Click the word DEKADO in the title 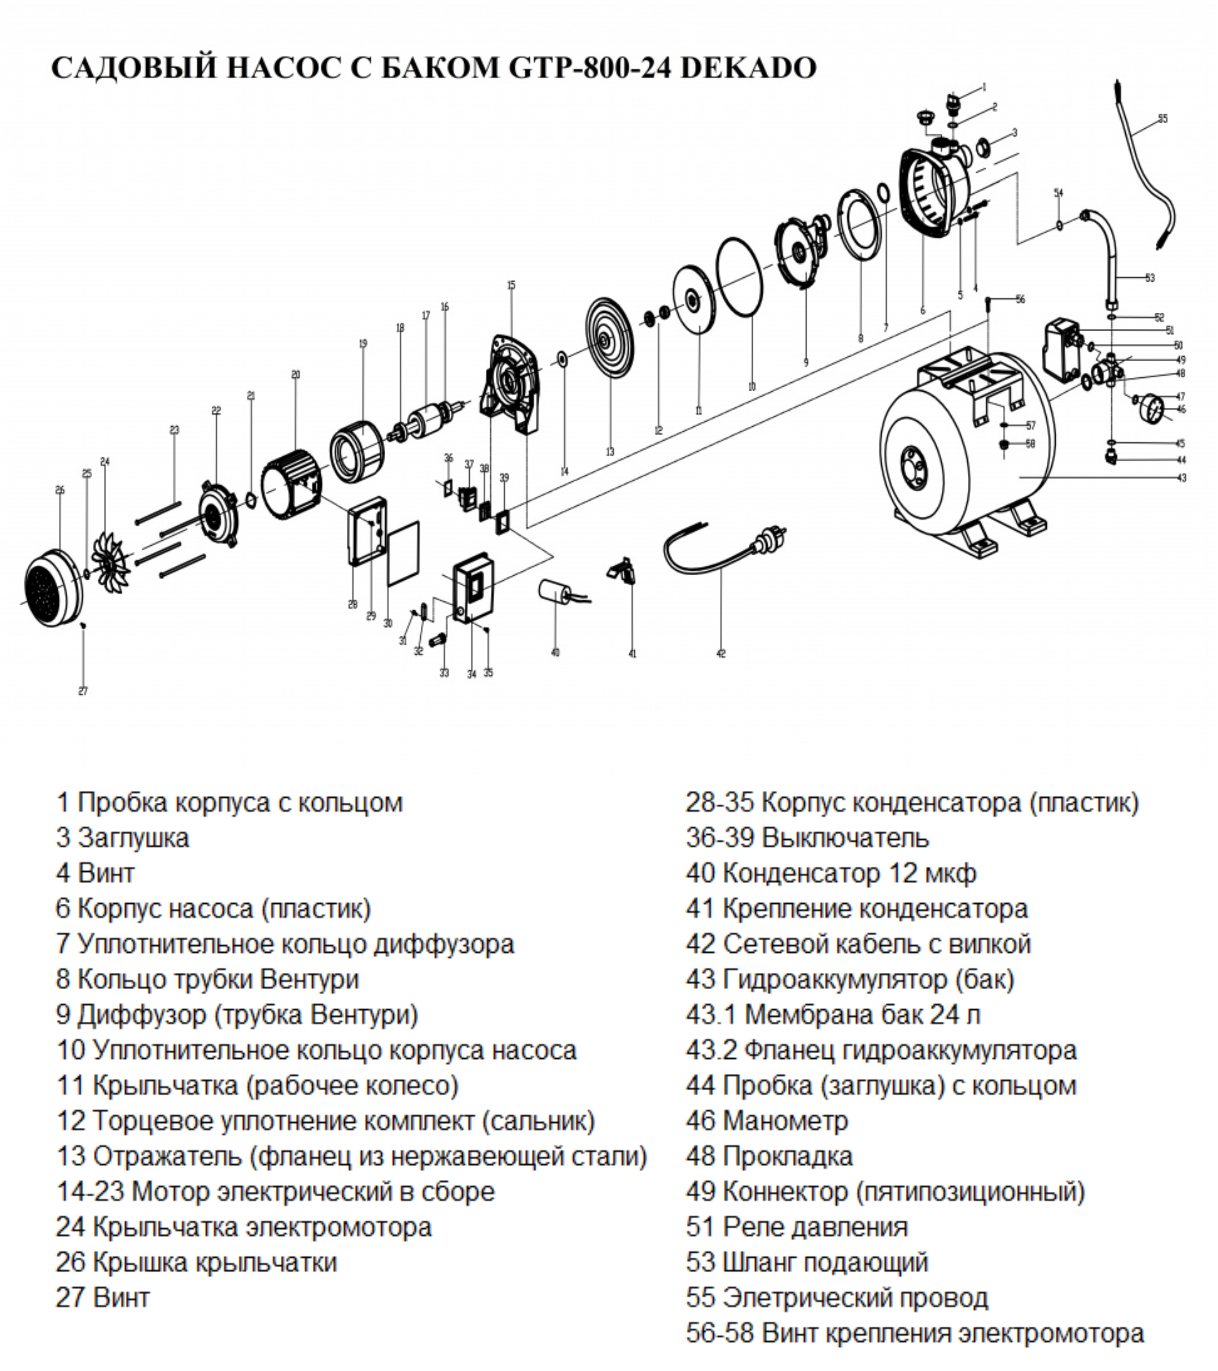[748, 67]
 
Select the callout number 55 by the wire [1162, 119]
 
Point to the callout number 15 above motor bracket [511, 285]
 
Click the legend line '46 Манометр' [766, 1121]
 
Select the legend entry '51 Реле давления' [796, 1227]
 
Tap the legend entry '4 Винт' [95, 873]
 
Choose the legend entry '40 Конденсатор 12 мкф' [830, 873]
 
